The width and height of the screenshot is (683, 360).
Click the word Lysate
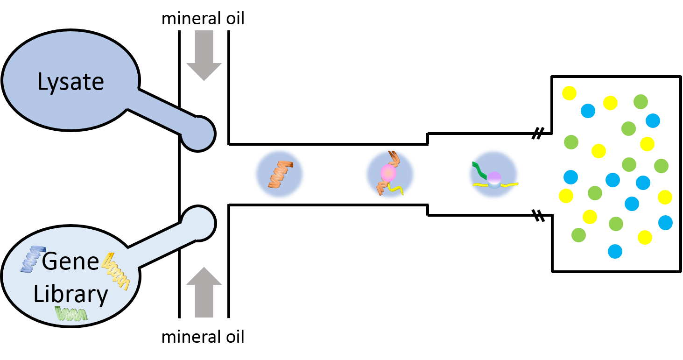[x=70, y=82]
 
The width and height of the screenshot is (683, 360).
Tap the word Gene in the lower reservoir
[x=70, y=261]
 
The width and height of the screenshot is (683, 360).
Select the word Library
[x=70, y=294]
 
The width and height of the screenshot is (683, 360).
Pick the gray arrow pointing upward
[x=204, y=292]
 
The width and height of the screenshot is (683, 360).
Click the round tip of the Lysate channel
[x=198, y=134]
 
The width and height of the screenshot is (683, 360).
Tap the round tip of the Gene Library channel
[x=198, y=223]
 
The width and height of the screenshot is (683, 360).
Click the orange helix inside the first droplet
[x=280, y=174]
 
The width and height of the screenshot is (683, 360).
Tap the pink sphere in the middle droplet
[x=388, y=173]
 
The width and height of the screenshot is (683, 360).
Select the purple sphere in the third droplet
[x=494, y=177]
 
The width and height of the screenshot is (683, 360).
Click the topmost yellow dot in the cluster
[x=569, y=93]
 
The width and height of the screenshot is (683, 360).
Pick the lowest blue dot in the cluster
[x=615, y=251]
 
